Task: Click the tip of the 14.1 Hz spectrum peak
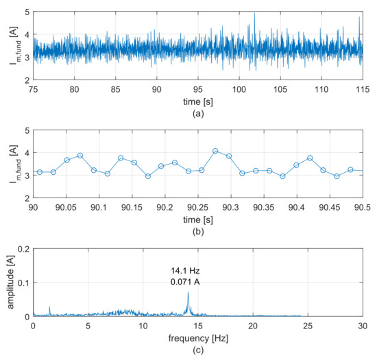pyautogui.click(x=188, y=293)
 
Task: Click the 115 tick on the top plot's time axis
pyautogui.click(x=362, y=89)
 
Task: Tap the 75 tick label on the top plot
pyautogui.click(x=33, y=89)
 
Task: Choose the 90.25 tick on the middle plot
pyautogui.click(x=197, y=207)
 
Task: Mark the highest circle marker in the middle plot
pyautogui.click(x=215, y=151)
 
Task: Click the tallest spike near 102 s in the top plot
pyautogui.click(x=255, y=14)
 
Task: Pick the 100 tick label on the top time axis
pyautogui.click(x=239, y=89)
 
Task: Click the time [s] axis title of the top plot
pyautogui.click(x=197, y=101)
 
